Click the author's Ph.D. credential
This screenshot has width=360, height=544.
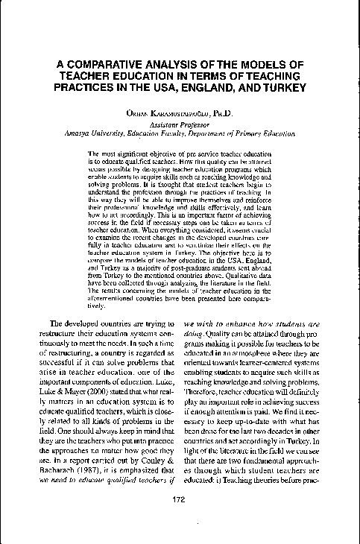coord(221,113)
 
